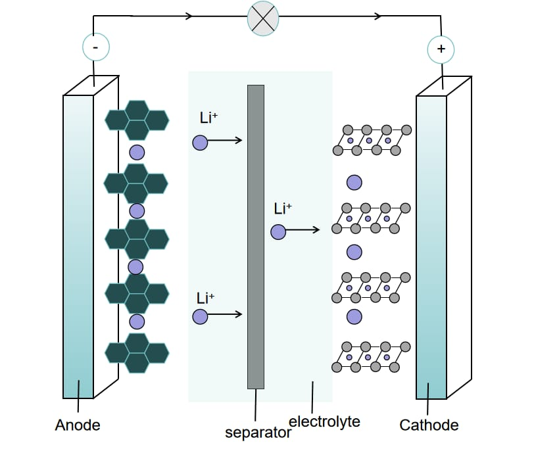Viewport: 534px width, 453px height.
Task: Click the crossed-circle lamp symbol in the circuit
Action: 263,18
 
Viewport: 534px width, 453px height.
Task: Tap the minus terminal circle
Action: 95,47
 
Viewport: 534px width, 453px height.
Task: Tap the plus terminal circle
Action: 441,49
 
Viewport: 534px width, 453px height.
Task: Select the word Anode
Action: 78,425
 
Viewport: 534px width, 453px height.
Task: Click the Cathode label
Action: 429,425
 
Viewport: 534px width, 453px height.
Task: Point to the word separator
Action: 258,433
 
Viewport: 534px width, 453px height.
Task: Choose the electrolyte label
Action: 324,421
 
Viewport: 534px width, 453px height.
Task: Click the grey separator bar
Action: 256,237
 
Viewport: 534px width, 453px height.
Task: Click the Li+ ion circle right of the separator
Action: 278,231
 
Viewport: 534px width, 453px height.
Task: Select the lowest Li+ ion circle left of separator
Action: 200,317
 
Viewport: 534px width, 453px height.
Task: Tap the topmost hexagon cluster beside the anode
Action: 137,119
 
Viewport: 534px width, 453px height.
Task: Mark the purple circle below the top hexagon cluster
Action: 137,153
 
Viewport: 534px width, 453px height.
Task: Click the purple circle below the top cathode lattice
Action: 354,182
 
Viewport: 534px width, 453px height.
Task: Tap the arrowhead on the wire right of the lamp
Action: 379,16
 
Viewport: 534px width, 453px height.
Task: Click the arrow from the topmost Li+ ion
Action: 228,141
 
